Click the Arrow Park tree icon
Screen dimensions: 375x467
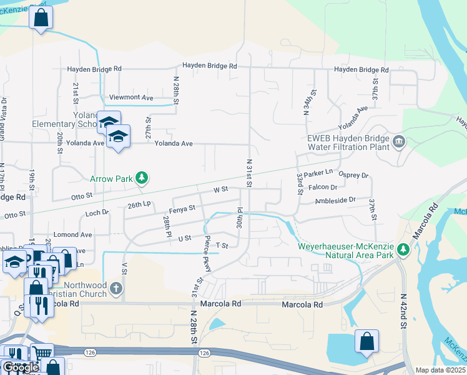click(142, 179)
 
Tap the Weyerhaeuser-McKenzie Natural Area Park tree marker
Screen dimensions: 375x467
click(403, 249)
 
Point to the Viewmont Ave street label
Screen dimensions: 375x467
click(131, 98)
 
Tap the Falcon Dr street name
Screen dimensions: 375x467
click(323, 187)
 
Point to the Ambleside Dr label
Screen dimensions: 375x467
click(335, 200)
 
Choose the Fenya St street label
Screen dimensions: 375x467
click(182, 208)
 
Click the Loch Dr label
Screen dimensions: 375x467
click(97, 213)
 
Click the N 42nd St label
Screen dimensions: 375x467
click(403, 312)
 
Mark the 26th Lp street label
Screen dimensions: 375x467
click(139, 204)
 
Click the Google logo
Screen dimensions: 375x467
click(21, 367)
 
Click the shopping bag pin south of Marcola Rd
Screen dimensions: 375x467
click(366, 342)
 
